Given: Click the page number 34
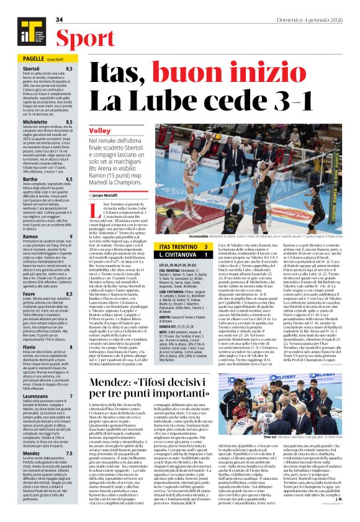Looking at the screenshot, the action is point(60,20).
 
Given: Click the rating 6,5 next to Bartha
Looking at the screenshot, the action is point(69,179).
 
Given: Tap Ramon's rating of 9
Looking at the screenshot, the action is point(71,236).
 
